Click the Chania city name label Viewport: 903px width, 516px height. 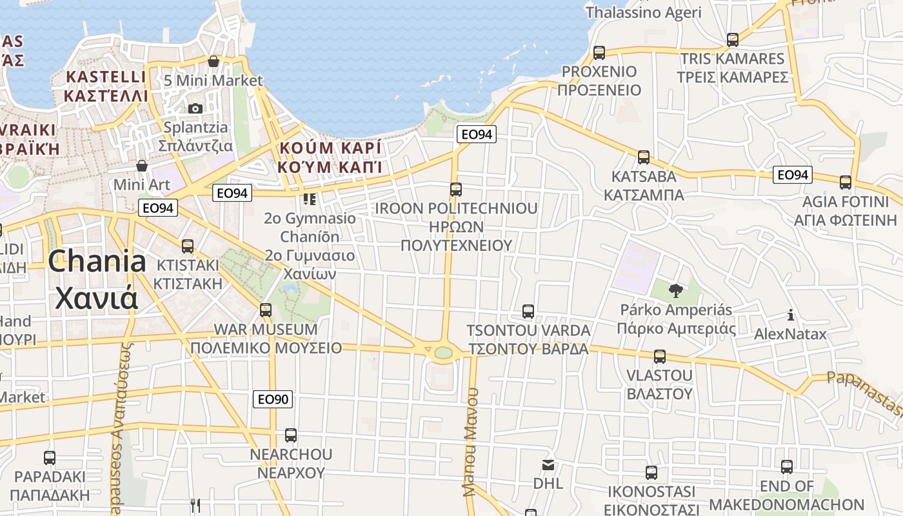(97, 280)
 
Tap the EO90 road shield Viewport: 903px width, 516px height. (273, 399)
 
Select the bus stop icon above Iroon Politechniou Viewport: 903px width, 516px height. (456, 190)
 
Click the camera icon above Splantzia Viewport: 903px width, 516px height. (195, 108)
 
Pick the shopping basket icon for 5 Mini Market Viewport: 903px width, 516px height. (213, 62)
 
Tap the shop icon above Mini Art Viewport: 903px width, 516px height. (142, 166)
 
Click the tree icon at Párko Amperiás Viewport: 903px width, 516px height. (676, 291)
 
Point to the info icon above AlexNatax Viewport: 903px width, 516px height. (790, 315)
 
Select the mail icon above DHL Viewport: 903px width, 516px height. (548, 464)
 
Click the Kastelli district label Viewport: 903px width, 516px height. (106, 86)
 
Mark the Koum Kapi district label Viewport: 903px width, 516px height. (330, 157)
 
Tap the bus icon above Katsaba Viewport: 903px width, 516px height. (644, 157)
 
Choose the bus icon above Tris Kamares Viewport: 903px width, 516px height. (733, 40)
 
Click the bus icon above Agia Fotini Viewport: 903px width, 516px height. (846, 183)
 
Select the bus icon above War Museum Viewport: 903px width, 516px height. (266, 310)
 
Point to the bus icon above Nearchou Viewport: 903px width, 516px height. (291, 435)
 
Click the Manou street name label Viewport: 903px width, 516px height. (471, 442)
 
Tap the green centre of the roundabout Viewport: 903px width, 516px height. (443, 352)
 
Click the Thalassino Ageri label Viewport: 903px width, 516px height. (643, 12)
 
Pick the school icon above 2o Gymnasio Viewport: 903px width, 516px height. (310, 199)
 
